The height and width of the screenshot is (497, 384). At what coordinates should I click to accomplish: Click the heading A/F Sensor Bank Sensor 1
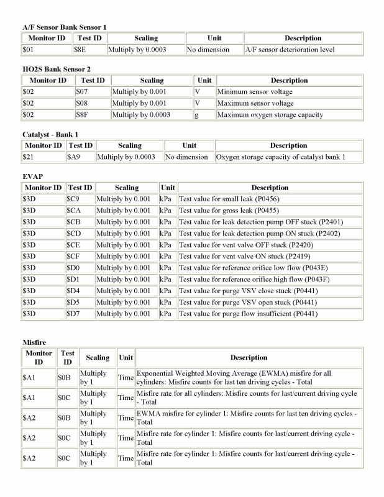pos(65,27)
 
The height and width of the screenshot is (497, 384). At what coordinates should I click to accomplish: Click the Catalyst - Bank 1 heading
pos(50,135)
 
